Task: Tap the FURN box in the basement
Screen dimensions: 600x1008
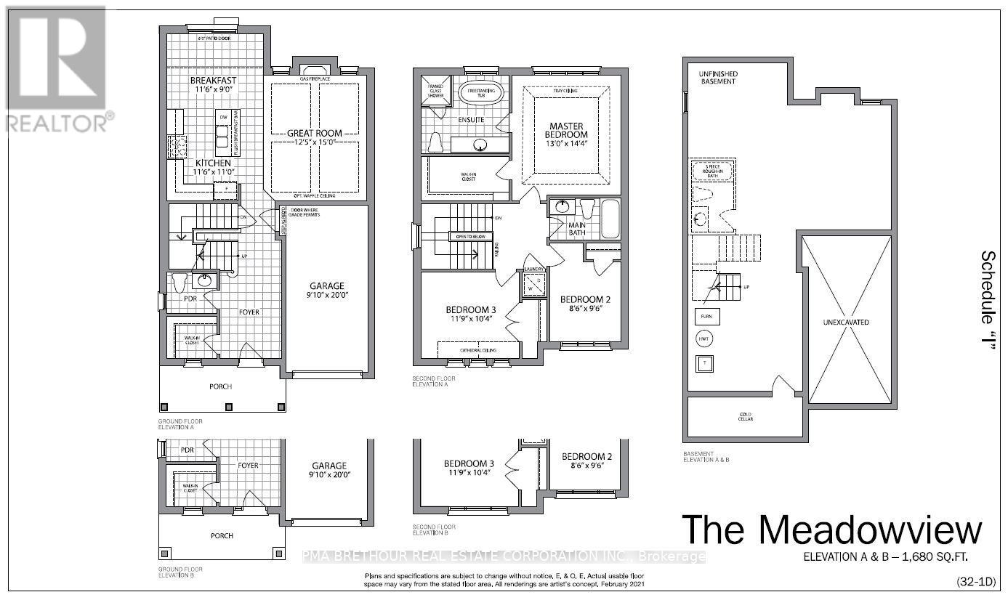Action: point(706,317)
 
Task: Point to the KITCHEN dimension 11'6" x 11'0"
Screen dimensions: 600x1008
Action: point(213,173)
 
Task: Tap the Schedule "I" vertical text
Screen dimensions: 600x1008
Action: point(988,299)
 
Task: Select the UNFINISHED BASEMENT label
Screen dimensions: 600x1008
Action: point(718,78)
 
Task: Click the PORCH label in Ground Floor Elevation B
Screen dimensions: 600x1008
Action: point(222,535)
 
